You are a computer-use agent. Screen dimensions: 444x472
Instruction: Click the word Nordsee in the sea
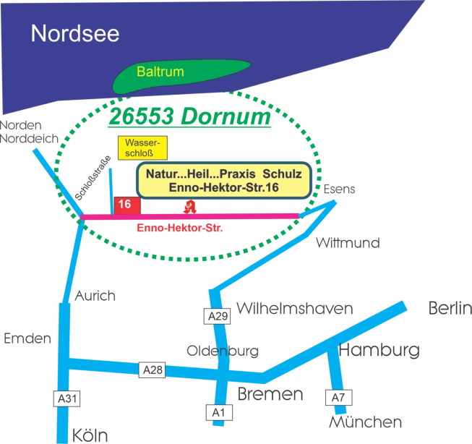click(x=75, y=33)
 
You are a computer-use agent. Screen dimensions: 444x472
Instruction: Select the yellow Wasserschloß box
click(x=142, y=148)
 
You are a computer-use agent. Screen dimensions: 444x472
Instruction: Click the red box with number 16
click(x=124, y=205)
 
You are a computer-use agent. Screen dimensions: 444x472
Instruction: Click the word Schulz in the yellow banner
click(x=287, y=175)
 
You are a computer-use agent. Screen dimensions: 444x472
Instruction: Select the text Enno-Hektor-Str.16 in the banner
click(x=223, y=188)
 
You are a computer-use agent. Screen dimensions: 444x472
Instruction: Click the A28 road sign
click(x=153, y=370)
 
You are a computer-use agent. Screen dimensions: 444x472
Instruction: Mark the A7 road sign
click(x=338, y=397)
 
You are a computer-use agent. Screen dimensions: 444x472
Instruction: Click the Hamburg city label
click(x=379, y=351)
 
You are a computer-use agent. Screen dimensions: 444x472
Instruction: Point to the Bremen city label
click(x=269, y=394)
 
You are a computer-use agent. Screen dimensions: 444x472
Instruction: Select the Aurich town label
click(x=95, y=296)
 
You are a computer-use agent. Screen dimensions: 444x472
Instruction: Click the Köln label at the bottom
click(x=90, y=435)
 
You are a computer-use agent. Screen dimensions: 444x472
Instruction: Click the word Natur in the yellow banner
click(x=163, y=175)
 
